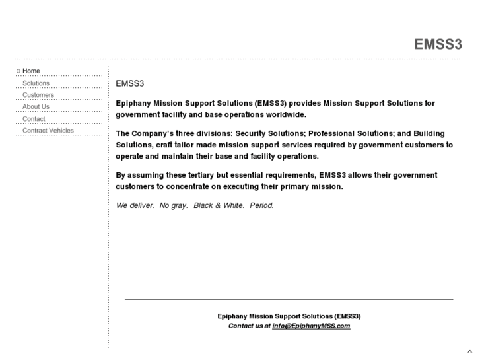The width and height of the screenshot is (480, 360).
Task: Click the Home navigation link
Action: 31,71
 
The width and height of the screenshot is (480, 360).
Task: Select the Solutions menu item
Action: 36,83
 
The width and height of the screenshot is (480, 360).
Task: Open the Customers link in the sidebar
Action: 38,95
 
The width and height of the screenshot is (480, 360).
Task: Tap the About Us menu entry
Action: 36,106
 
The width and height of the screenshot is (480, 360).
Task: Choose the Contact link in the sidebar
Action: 34,119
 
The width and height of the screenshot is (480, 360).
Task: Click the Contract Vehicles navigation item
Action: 48,131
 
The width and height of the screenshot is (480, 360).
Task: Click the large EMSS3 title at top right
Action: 438,44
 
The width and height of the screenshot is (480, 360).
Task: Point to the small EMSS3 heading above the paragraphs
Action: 129,84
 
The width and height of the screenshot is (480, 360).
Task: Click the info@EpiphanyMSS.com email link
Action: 311,326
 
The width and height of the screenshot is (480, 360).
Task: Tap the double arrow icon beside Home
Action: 18,71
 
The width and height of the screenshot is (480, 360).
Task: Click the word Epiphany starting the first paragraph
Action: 134,104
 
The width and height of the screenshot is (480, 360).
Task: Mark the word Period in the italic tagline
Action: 261,205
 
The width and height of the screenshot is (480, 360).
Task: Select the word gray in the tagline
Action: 180,205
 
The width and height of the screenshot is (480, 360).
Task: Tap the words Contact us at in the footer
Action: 249,326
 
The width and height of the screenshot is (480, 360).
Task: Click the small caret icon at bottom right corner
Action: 469,351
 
